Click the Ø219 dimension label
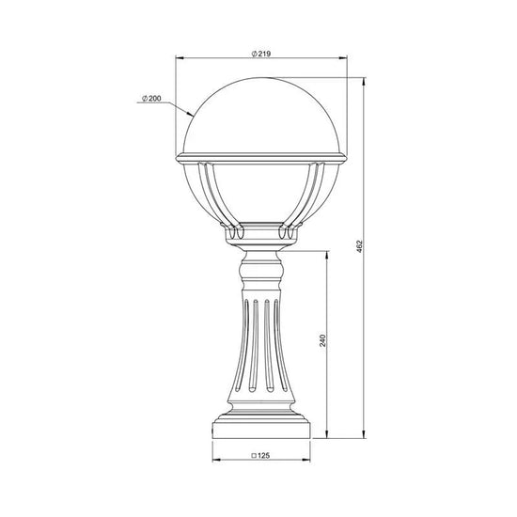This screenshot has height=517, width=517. click(x=261, y=54)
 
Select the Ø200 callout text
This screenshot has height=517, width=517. click(x=151, y=99)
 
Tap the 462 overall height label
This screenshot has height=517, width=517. click(x=359, y=246)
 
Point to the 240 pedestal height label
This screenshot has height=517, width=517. click(x=322, y=340)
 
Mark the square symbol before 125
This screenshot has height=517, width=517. click(x=254, y=456)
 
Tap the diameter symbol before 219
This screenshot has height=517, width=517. click(x=254, y=55)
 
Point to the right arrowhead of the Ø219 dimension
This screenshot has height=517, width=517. click(x=343, y=58)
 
